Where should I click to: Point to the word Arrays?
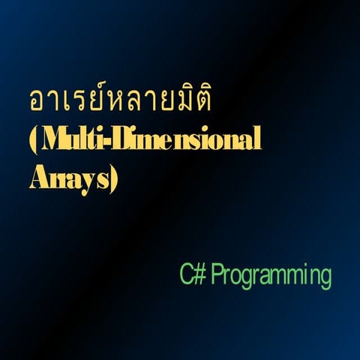click(x=70, y=180)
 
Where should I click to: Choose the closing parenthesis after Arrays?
click(x=114, y=181)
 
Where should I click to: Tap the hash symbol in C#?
click(x=199, y=274)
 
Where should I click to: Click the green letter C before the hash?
click(x=186, y=274)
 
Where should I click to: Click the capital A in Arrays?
click(x=39, y=180)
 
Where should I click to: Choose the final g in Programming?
click(x=324, y=278)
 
